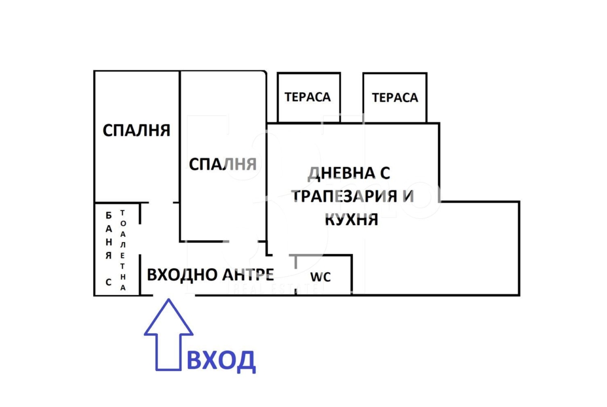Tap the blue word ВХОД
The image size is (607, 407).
click(x=220, y=360)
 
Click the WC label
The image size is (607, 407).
click(x=320, y=277)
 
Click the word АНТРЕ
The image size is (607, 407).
click(x=247, y=274)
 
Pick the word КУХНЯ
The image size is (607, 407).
click(x=351, y=220)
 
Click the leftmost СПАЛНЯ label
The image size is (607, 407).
click(x=136, y=130)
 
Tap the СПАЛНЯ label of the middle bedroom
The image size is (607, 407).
click(x=223, y=164)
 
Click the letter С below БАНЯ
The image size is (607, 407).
click(x=108, y=282)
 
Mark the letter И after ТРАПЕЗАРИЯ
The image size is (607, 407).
click(x=408, y=197)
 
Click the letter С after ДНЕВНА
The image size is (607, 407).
click(x=384, y=173)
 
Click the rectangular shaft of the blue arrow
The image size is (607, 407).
click(x=169, y=352)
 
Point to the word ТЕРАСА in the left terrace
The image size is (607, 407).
click(x=308, y=97)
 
